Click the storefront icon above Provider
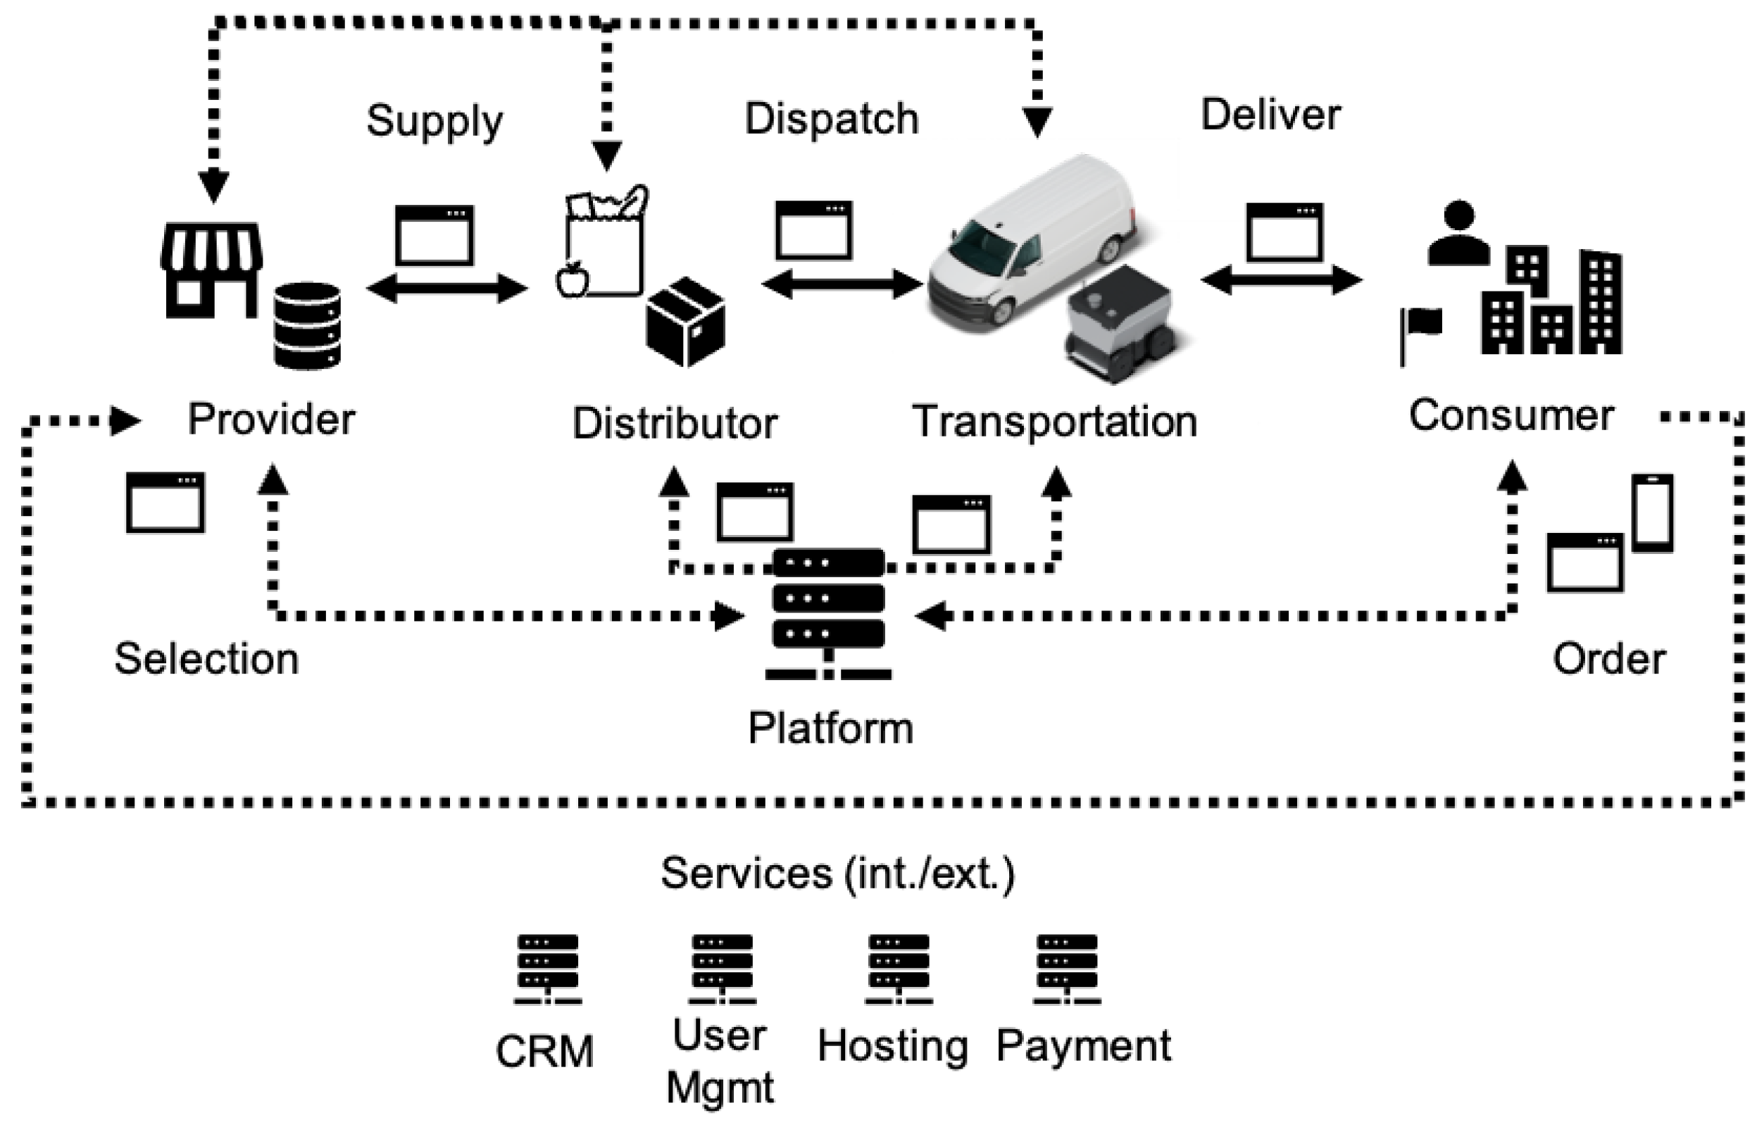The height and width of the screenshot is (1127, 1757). click(211, 271)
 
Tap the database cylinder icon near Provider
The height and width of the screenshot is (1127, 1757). click(308, 326)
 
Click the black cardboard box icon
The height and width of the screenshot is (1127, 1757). click(686, 321)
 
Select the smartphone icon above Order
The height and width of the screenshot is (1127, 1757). click(1653, 513)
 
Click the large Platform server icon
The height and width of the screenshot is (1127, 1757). click(829, 613)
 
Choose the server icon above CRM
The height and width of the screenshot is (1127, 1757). click(548, 969)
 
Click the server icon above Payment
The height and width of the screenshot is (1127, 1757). click(1067, 969)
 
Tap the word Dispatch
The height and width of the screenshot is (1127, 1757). click(832, 118)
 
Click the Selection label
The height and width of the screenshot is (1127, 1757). click(207, 658)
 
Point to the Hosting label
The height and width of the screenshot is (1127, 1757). click(892, 1047)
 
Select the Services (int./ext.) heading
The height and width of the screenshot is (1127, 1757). click(837, 873)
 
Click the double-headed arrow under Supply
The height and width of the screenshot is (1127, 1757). click(446, 288)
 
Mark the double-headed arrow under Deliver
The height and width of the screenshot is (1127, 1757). click(1281, 279)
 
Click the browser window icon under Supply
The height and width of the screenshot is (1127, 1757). click(434, 235)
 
